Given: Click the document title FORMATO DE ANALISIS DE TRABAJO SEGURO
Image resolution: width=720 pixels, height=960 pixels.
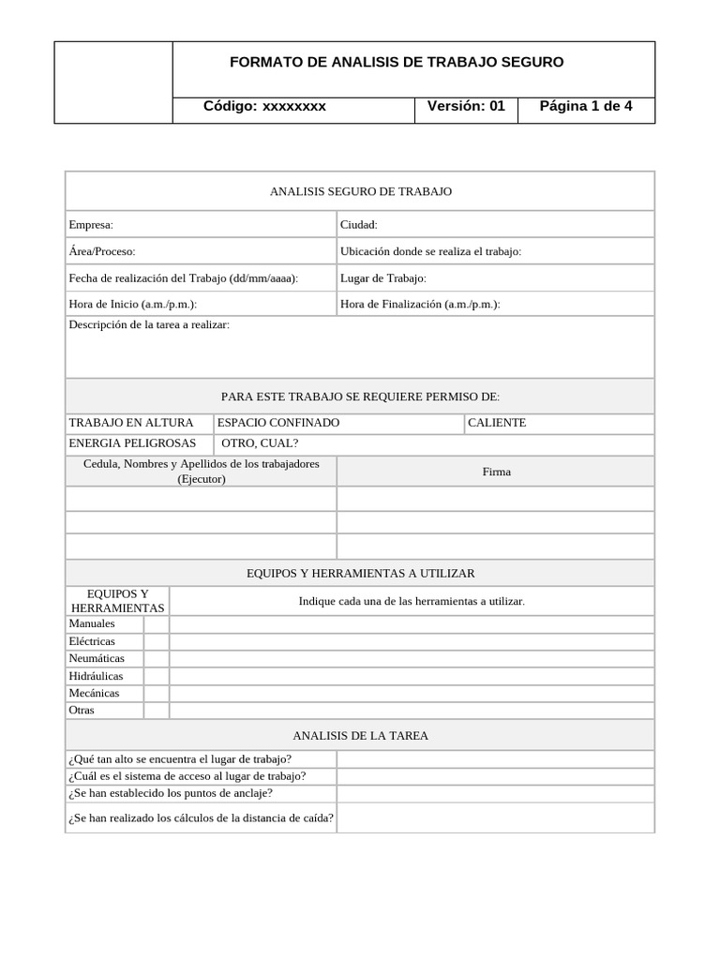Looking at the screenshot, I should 397,63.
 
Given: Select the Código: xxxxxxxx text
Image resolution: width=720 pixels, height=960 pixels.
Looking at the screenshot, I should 264,106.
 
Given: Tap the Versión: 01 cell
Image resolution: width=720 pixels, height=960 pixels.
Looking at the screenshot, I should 466,106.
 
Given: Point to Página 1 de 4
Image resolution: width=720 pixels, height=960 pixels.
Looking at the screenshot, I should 586,106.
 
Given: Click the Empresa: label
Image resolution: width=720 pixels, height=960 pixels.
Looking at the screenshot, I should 91,225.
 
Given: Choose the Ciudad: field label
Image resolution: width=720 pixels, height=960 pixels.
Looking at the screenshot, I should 359,225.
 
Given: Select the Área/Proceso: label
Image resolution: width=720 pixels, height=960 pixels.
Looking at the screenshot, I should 102,251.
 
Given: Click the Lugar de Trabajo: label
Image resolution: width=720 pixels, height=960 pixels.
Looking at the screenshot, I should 383,278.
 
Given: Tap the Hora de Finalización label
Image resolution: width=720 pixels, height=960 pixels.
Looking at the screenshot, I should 420,305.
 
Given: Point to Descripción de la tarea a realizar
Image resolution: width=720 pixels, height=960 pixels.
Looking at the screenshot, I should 149,324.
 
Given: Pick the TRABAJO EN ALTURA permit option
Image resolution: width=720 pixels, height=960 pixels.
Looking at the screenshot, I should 131,423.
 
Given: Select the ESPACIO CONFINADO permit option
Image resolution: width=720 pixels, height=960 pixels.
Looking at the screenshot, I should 278,423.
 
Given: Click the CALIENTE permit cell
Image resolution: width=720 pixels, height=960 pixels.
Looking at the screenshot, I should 497,423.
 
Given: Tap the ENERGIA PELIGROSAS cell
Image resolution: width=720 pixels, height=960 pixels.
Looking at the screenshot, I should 133,443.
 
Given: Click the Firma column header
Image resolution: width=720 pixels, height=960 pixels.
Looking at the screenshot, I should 497,472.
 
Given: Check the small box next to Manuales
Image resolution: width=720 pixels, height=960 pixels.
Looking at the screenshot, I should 157,624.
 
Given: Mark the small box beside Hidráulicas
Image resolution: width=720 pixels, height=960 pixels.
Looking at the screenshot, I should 157,676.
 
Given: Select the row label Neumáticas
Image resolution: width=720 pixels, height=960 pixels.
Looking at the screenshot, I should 97,659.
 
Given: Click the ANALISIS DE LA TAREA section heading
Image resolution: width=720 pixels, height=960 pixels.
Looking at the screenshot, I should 360,736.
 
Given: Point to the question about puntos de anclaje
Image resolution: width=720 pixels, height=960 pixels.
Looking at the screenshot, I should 171,793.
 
